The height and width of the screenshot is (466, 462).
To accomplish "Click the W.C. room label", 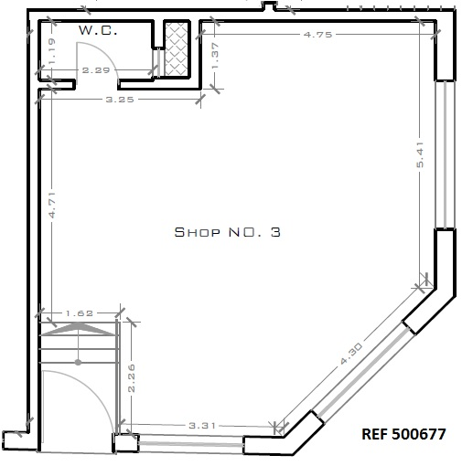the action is [98, 30].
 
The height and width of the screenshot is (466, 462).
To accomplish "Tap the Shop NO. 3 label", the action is [228, 232].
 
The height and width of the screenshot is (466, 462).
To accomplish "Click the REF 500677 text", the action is [403, 434].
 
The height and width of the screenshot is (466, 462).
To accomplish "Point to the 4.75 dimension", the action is [317, 35].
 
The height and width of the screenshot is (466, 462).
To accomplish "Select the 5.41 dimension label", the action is [420, 154].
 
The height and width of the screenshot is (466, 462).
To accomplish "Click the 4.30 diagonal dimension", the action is [351, 354].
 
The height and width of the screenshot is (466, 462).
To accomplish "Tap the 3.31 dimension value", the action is [202, 425].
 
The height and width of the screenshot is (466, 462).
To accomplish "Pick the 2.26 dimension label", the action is [132, 378].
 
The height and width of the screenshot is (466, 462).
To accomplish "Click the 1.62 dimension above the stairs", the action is [80, 313].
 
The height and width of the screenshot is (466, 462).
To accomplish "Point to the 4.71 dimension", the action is [52, 205].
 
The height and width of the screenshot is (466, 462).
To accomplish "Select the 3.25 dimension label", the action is [120, 100].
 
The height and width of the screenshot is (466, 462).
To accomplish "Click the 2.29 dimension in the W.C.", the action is [96, 70].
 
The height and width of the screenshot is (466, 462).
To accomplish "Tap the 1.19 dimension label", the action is [52, 50].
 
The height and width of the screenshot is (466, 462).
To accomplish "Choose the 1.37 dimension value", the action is [215, 56].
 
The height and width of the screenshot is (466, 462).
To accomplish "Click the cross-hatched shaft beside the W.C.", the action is [177, 48].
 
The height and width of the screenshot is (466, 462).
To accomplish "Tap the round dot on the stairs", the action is [79, 362].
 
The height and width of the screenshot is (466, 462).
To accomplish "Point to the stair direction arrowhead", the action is [79, 329].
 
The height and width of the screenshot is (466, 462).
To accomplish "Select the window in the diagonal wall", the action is [363, 372].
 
